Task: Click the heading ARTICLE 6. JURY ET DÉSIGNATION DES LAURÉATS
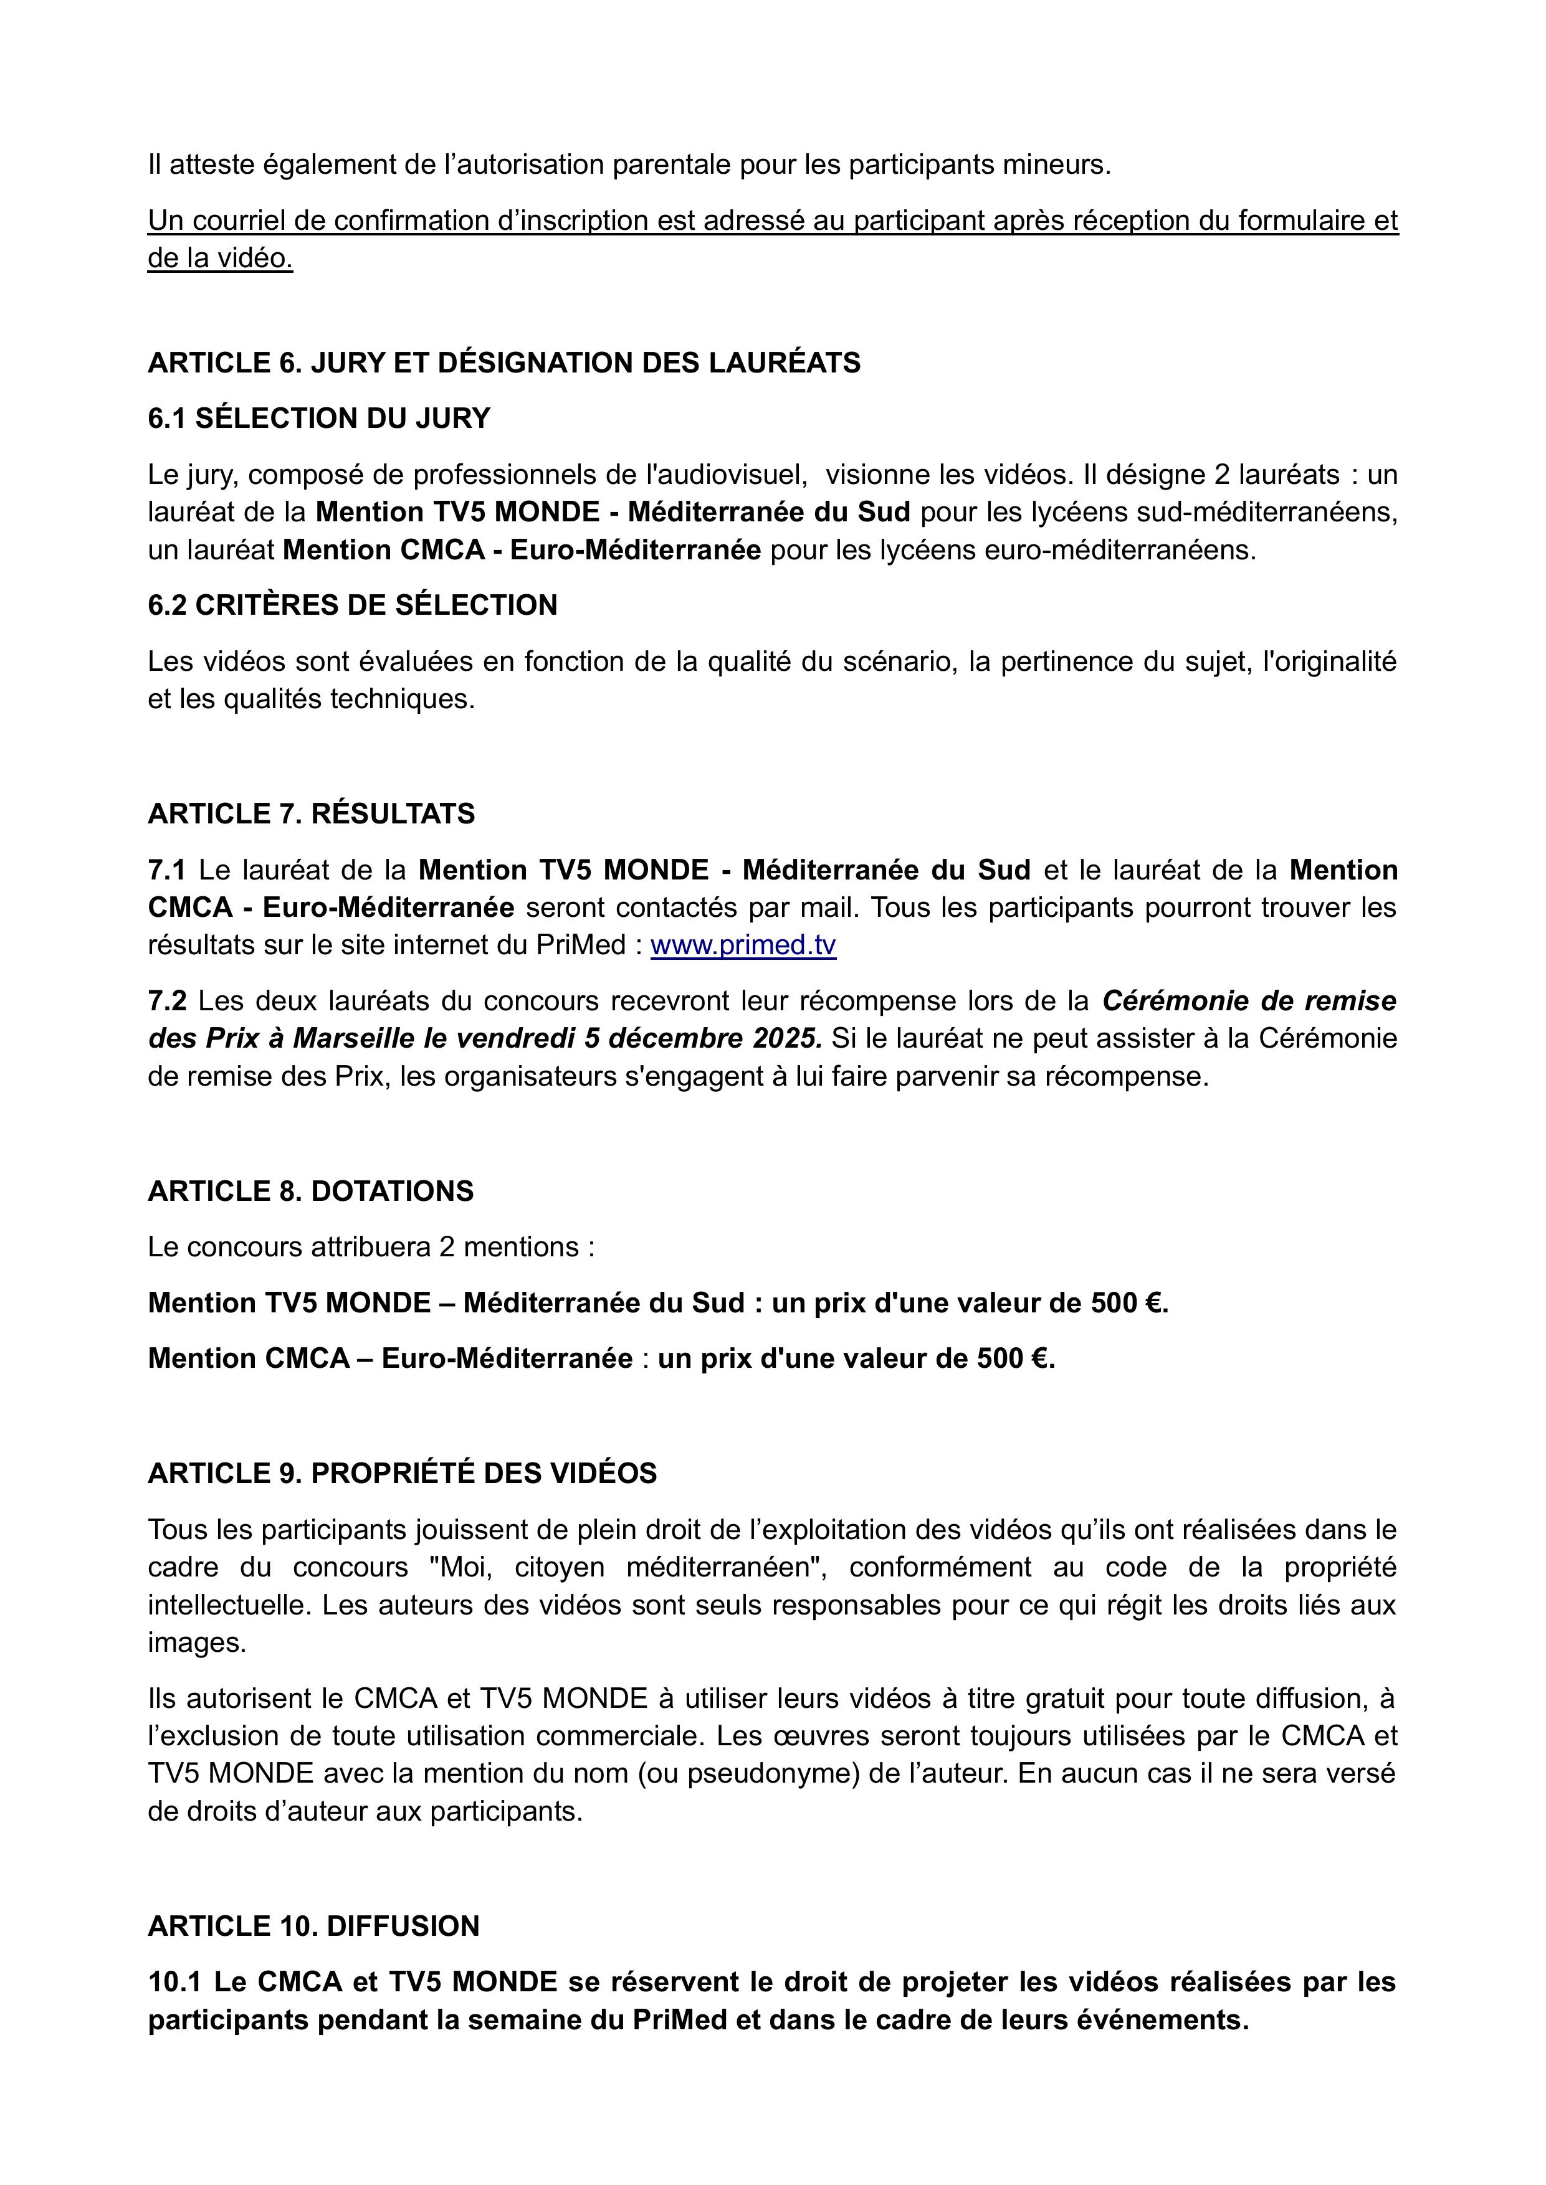(503, 363)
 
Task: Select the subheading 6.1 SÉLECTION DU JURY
(319, 418)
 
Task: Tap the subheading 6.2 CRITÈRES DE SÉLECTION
(352, 605)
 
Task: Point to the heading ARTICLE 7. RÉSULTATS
(312, 813)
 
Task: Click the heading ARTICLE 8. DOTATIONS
(310, 1192)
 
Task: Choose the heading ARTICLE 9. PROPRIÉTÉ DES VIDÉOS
(402, 1473)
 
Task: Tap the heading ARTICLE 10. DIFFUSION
(314, 1926)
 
